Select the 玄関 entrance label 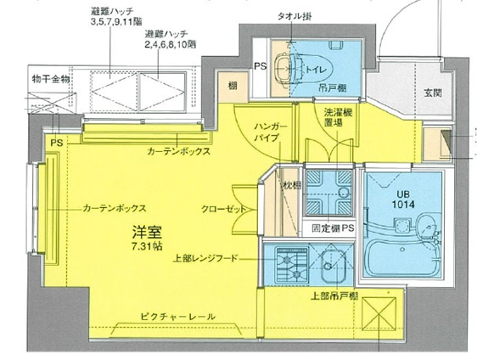click(x=432, y=94)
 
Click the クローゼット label click(x=224, y=208)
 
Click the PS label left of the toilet click(x=261, y=66)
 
